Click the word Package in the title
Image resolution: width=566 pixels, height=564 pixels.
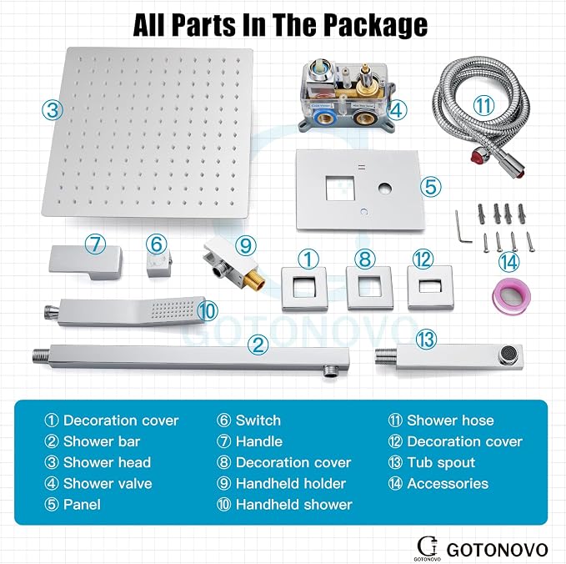pos(375,25)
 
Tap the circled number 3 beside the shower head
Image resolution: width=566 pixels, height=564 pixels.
pos(53,109)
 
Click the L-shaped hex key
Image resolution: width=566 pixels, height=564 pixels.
pos(463,227)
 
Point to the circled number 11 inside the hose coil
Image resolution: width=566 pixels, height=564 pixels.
pos(483,105)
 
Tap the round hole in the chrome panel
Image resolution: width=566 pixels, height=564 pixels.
pos(385,189)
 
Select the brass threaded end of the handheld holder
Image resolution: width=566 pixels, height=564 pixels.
pos(254,277)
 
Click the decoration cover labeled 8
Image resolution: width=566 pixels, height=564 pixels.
pos(369,289)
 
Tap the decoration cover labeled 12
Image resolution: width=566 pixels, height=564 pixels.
pos(430,288)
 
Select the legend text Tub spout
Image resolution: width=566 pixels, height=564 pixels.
pos(441,463)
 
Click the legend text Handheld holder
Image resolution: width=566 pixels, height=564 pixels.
pos(291,484)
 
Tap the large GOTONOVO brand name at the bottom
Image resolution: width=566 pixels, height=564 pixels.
pos(498,550)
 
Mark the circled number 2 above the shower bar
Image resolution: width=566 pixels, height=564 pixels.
pos(258,345)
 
